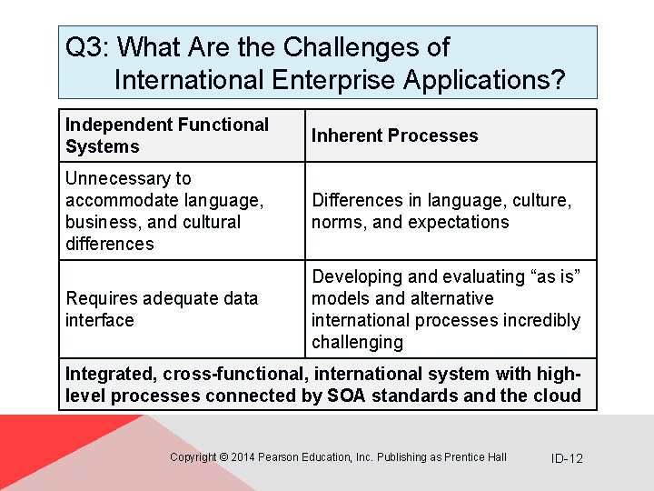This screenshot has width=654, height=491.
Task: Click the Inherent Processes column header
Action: [394, 135]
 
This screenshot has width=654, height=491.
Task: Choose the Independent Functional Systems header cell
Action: [167, 135]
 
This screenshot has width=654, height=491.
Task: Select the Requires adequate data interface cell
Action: [161, 309]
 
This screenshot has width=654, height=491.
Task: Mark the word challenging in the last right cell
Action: [357, 342]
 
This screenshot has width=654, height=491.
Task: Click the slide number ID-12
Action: [567, 458]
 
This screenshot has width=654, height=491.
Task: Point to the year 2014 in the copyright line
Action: [243, 457]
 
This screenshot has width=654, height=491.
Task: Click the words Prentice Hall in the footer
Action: [476, 457]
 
